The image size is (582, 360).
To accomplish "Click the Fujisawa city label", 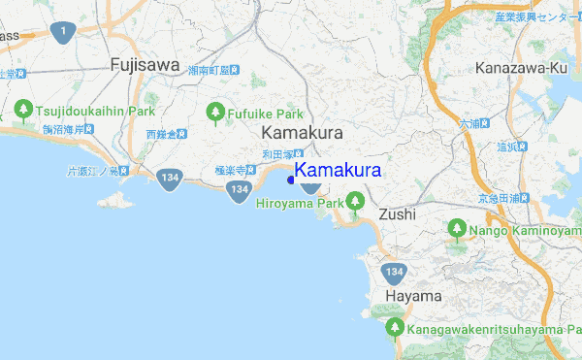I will (x=145, y=65).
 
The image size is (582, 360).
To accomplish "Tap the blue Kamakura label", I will (x=338, y=170).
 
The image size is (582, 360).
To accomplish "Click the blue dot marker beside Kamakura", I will (x=291, y=179).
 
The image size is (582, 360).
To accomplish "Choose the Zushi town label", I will (x=397, y=213).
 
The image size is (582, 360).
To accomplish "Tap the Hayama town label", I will (x=413, y=296).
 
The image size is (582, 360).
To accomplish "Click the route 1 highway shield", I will (x=64, y=33).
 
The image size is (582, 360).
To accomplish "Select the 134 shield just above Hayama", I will (x=393, y=272).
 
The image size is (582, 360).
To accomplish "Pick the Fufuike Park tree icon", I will (x=215, y=114).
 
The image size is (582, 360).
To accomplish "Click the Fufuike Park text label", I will (x=265, y=114).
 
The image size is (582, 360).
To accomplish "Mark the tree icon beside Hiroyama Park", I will (x=356, y=202).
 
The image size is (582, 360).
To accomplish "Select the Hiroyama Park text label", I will (x=301, y=204).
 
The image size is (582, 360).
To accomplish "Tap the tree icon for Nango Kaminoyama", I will (x=456, y=229).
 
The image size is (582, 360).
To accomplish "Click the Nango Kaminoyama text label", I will (x=525, y=231).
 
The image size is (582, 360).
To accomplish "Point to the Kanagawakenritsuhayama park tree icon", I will (x=395, y=328).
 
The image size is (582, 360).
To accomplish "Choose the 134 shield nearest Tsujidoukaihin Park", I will (x=169, y=178).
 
